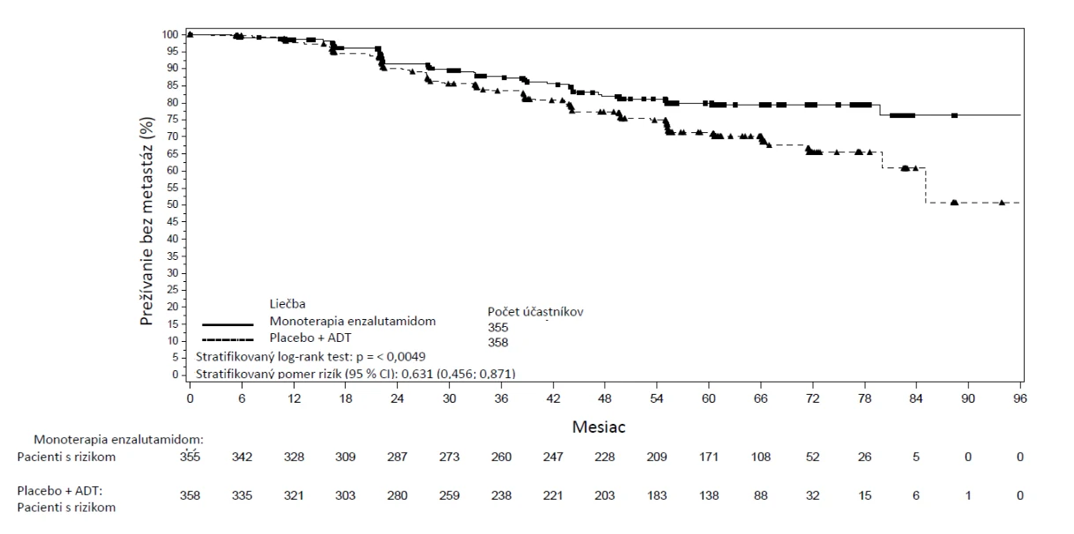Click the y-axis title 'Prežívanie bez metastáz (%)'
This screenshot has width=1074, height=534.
(x=147, y=221)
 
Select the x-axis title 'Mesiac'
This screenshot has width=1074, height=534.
(x=599, y=426)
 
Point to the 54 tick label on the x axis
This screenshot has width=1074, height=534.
(x=656, y=398)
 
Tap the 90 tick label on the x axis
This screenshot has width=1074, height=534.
(x=967, y=398)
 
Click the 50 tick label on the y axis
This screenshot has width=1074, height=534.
(x=172, y=204)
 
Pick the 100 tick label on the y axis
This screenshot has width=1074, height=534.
(x=169, y=34)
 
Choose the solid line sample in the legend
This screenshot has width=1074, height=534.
(x=227, y=324)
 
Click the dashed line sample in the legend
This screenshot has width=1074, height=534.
(x=227, y=340)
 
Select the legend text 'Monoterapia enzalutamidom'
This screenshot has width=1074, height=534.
(x=353, y=321)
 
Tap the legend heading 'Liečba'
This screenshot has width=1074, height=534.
(x=287, y=303)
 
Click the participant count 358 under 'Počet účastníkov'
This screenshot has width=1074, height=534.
(x=497, y=342)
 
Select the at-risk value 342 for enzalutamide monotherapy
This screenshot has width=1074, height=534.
(x=242, y=456)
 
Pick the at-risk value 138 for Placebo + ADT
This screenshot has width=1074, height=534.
(x=709, y=495)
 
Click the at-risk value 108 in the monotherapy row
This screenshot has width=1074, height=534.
(x=760, y=456)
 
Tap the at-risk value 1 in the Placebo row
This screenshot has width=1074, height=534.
(x=968, y=495)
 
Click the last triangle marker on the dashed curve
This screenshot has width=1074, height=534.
(x=1002, y=203)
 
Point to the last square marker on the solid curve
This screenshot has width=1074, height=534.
(x=954, y=115)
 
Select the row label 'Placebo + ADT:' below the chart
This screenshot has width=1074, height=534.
(x=60, y=491)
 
